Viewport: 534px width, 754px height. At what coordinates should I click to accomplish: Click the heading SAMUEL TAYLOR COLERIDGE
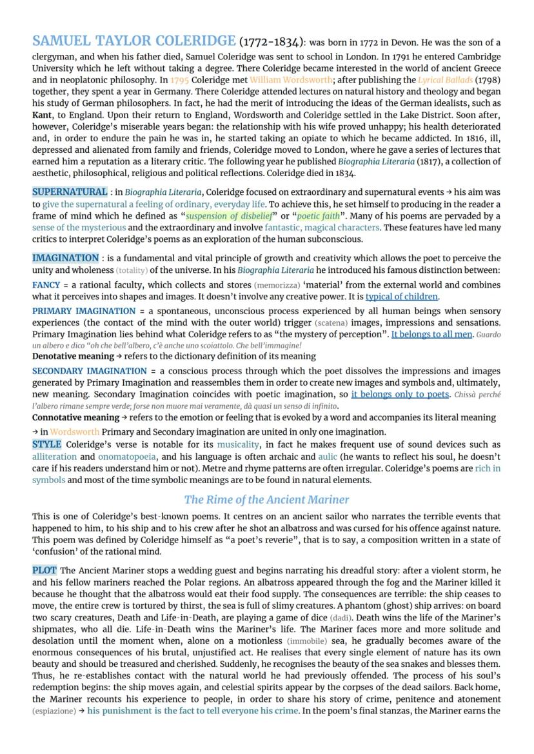pyautogui.click(x=133, y=41)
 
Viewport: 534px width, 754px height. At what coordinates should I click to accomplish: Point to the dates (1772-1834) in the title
pyautogui.click(x=271, y=43)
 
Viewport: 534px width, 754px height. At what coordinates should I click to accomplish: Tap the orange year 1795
pyautogui.click(x=180, y=80)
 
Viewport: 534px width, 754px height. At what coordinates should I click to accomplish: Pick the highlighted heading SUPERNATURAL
pyautogui.click(x=70, y=192)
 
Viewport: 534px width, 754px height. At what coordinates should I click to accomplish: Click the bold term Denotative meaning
pyautogui.click(x=73, y=356)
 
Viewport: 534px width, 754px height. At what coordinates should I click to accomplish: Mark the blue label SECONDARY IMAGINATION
pyautogui.click(x=90, y=371)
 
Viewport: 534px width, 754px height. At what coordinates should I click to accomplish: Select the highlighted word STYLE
pyautogui.click(x=46, y=444)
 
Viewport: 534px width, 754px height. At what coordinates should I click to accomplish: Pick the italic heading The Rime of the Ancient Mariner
pyautogui.click(x=266, y=499)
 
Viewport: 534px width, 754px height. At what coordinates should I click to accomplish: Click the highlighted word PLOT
pyautogui.click(x=44, y=570)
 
